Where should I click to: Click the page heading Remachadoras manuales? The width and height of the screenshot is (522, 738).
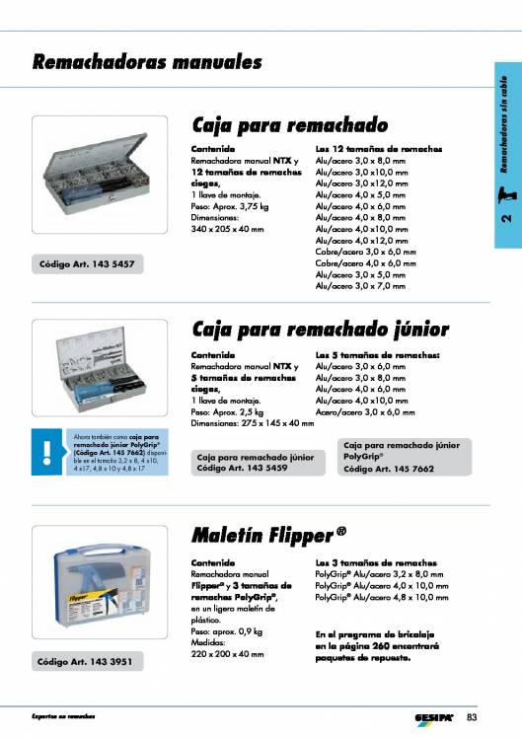point(148,63)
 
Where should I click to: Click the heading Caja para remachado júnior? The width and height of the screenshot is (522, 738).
point(320,329)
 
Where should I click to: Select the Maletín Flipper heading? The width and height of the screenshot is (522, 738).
point(268,536)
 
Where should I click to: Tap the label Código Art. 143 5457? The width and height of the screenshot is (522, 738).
point(86,263)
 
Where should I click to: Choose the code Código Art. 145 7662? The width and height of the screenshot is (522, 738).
point(386,469)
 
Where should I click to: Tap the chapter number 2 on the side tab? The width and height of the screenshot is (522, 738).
point(504,234)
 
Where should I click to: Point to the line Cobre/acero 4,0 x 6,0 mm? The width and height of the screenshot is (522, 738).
point(359,263)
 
